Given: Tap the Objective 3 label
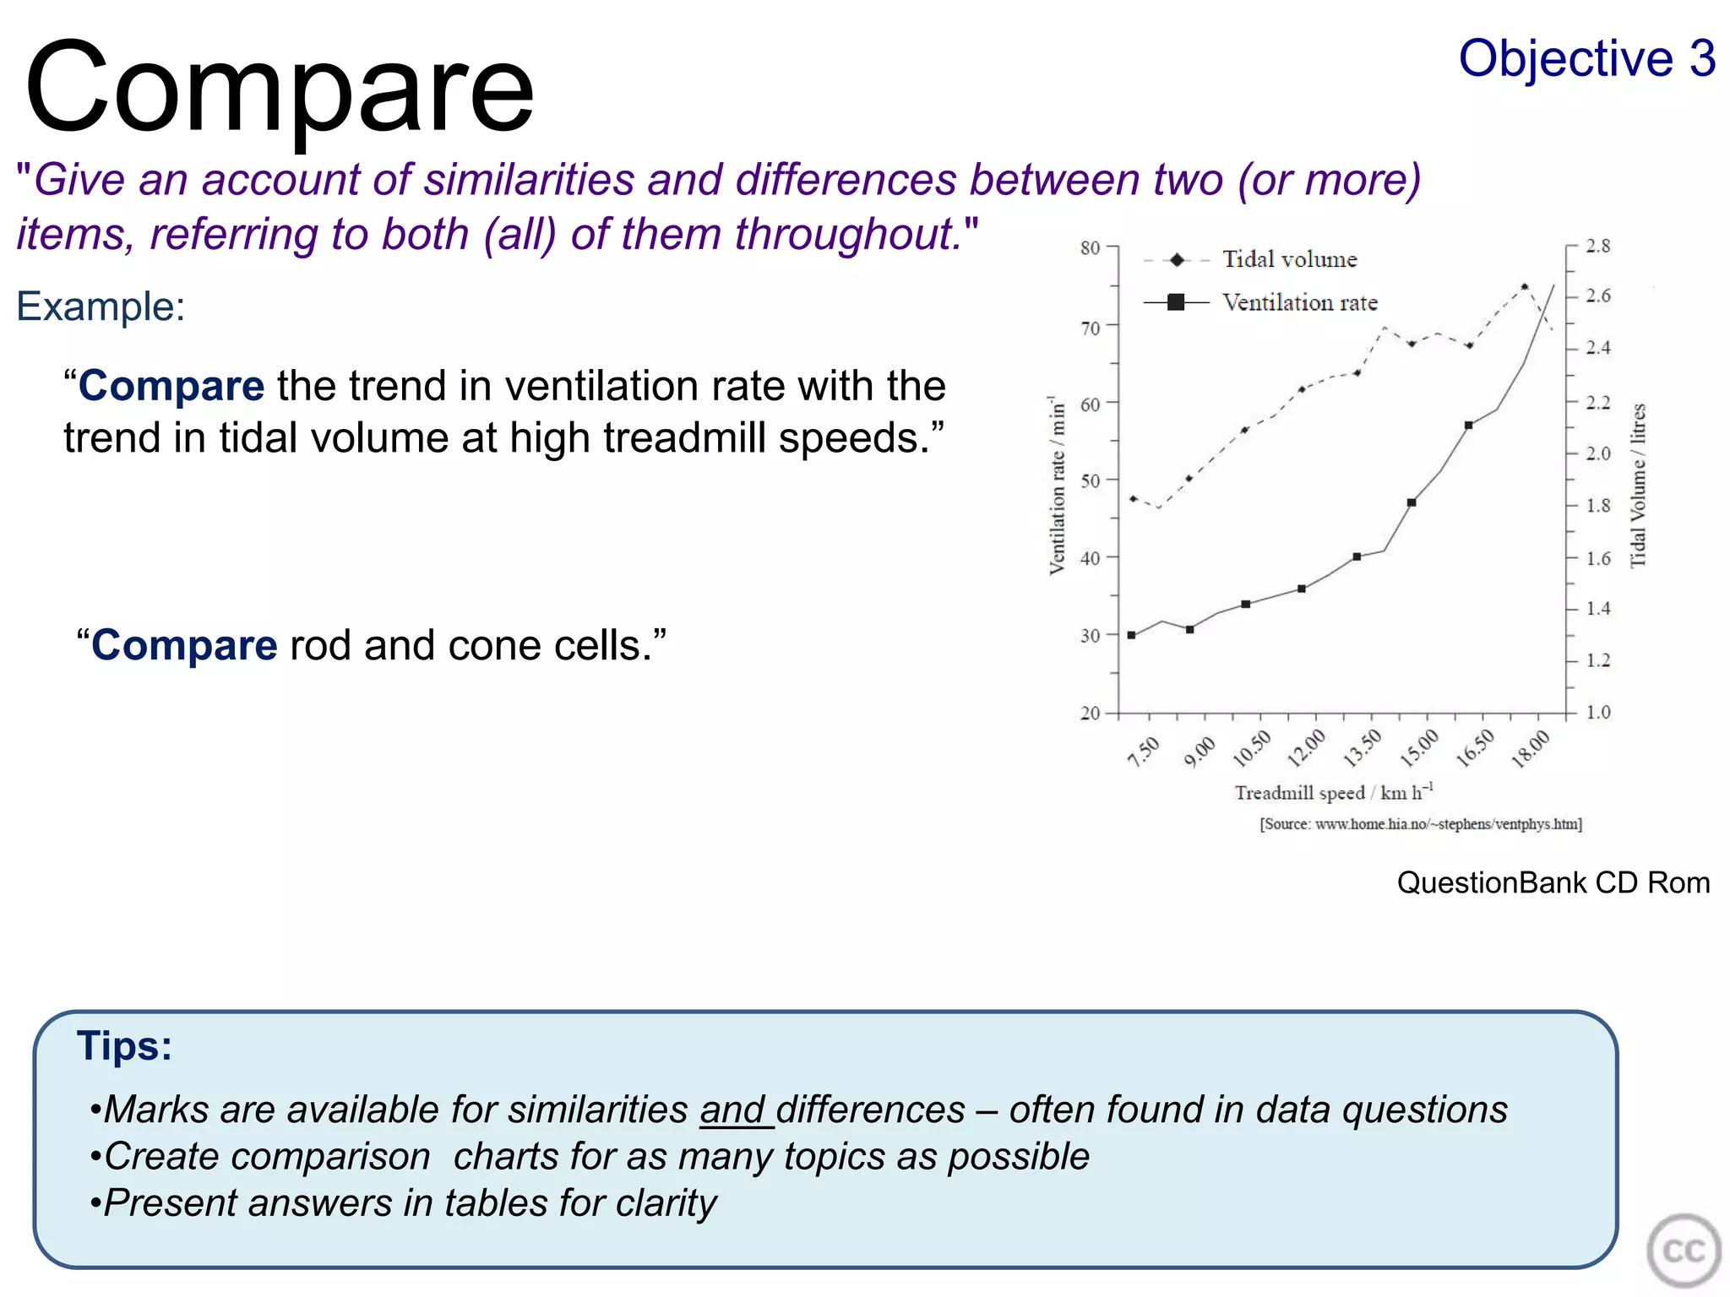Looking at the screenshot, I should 1586,59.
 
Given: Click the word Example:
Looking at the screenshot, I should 101,306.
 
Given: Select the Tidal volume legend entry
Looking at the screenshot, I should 1289,259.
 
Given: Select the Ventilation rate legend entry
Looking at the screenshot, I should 1299,302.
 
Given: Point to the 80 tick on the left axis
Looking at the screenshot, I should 1091,247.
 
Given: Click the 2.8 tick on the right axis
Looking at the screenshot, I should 1597,246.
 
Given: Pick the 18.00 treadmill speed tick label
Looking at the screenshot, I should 1531,748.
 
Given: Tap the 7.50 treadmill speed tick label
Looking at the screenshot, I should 1144,751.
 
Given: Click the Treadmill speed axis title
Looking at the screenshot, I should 1333,792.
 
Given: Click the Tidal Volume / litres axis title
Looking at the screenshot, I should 1637,486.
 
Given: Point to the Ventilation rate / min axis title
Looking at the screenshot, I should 1057,486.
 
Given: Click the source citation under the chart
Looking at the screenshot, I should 1420,823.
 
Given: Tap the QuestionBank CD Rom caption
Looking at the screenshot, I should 1553,882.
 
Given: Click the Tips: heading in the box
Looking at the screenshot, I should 124,1045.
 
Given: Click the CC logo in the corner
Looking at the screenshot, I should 1683,1251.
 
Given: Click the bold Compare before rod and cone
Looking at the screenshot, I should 184,645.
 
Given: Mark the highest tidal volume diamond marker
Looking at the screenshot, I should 1525,287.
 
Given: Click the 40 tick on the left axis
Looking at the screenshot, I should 1091,558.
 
